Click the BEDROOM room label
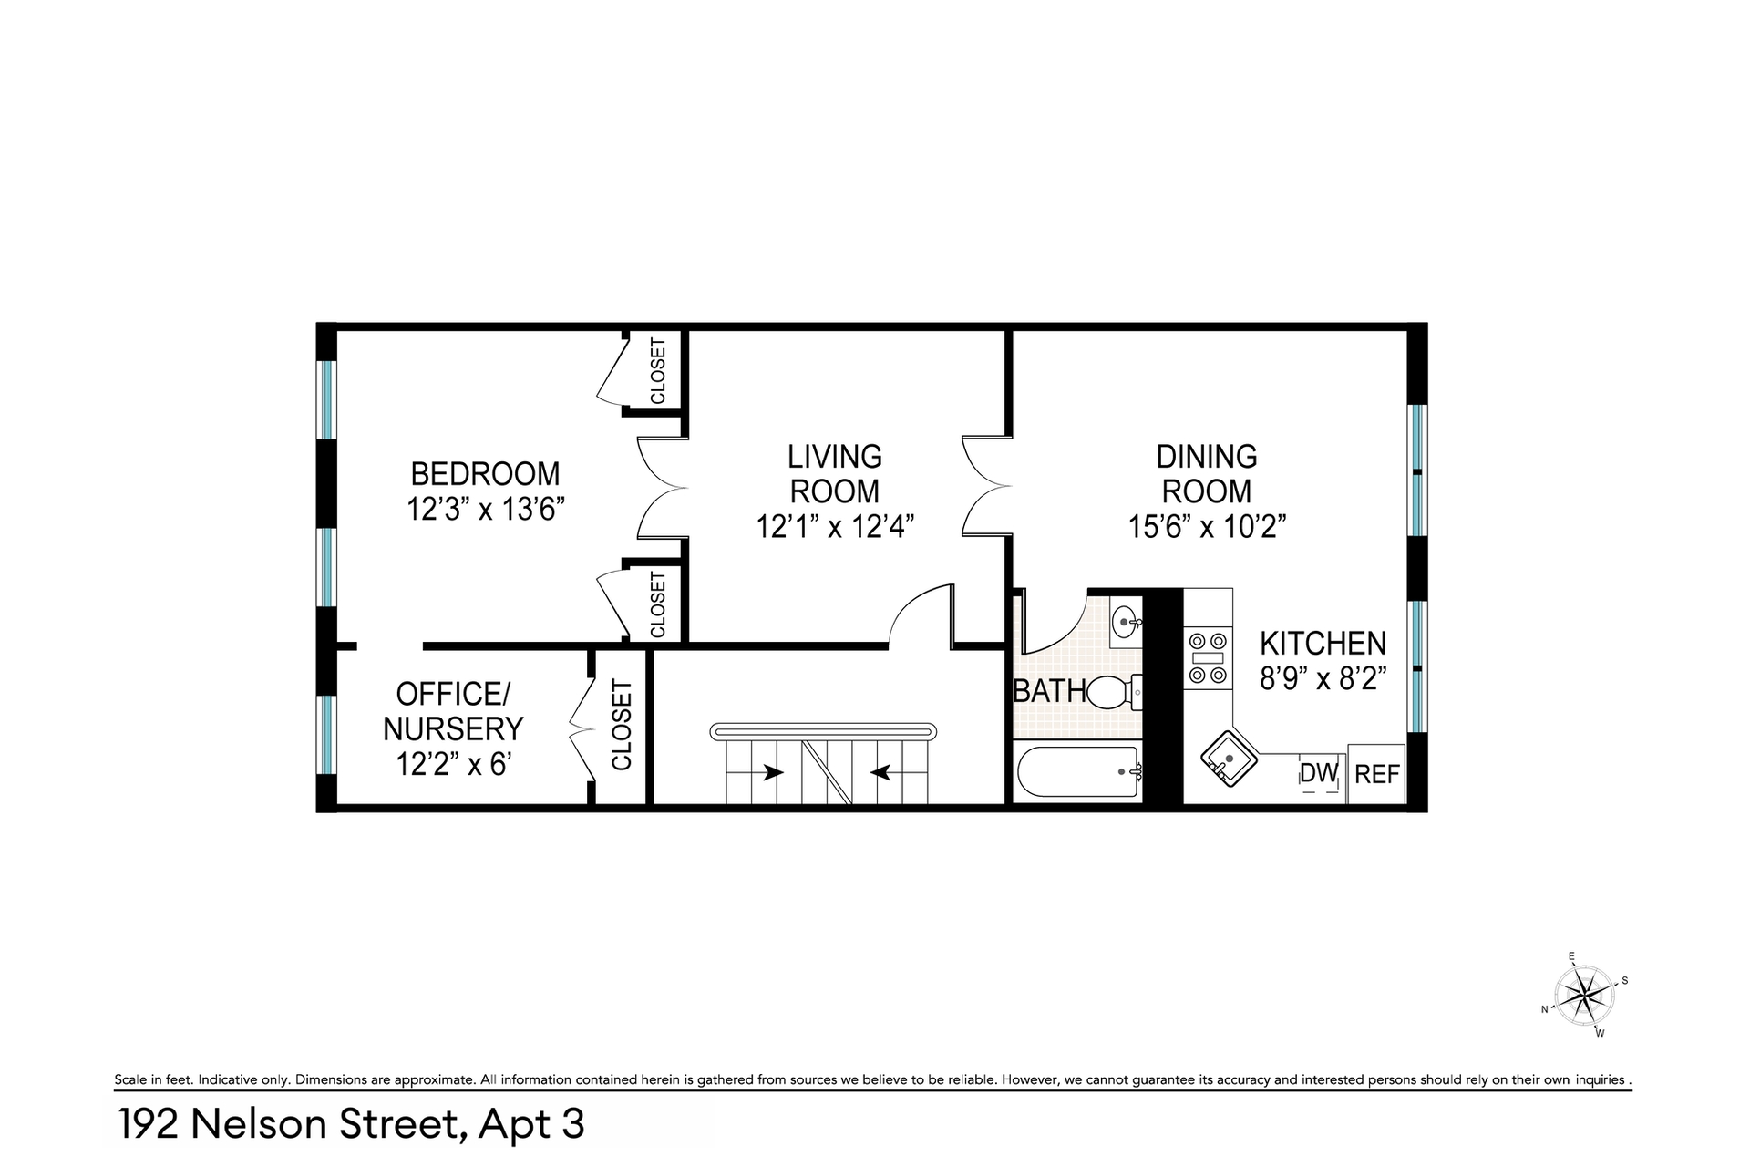pyautogui.click(x=485, y=474)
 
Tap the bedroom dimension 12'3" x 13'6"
pyautogui.click(x=487, y=509)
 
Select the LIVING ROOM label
pyautogui.click(x=835, y=473)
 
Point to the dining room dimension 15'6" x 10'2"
pyautogui.click(x=1208, y=526)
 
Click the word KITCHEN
pyautogui.click(x=1323, y=644)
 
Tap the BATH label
pyautogui.click(x=1050, y=691)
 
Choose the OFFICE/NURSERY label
pyautogui.click(x=453, y=711)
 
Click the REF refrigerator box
pyautogui.click(x=1376, y=774)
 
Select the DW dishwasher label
pyautogui.click(x=1319, y=773)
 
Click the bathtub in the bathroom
pyautogui.click(x=1077, y=772)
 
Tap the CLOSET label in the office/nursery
pyautogui.click(x=622, y=726)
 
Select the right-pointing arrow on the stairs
pyautogui.click(x=773, y=772)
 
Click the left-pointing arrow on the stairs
pyautogui.click(x=880, y=772)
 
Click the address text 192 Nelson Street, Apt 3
pyautogui.click(x=351, y=1124)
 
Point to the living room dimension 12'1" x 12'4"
pyautogui.click(x=835, y=526)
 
